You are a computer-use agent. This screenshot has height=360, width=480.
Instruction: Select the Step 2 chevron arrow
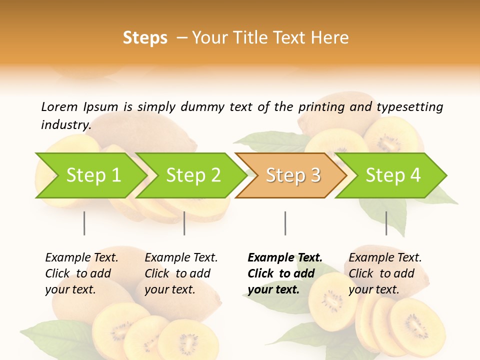coord(193,175)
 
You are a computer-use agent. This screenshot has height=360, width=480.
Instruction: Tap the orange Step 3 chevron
coord(293,175)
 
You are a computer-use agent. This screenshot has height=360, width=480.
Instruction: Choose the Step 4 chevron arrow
coord(393,175)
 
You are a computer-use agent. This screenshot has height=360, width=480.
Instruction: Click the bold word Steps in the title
coord(145,38)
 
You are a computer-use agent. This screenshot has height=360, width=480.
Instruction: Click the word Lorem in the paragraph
coord(59,106)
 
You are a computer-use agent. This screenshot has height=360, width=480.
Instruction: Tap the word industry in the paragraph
coord(65,125)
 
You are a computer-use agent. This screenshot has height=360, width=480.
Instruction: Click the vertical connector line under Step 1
coord(84,223)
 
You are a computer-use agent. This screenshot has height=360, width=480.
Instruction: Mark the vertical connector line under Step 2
coord(184,223)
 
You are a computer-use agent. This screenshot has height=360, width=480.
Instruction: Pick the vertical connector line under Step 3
coord(285,223)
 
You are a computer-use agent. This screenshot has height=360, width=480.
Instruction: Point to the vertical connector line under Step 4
coord(386,223)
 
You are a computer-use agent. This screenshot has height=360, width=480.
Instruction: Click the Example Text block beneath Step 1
coord(81,273)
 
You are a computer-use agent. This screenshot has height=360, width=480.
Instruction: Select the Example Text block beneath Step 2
coord(181,273)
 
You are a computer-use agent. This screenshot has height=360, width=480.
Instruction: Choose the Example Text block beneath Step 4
coord(385,273)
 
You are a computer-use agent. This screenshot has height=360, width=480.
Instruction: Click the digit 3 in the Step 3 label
coord(315,175)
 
